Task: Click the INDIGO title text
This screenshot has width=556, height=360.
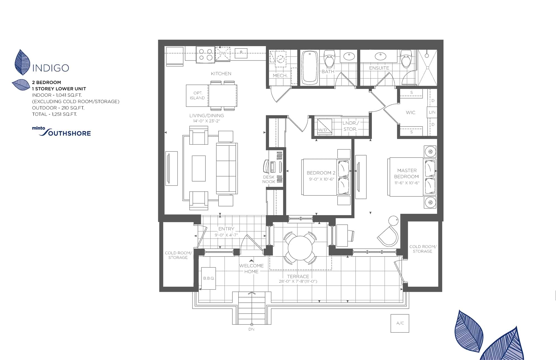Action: pyautogui.click(x=51, y=68)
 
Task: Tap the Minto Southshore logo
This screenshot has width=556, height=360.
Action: pyautogui.click(x=61, y=132)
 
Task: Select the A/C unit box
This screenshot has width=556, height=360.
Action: pyautogui.click(x=400, y=323)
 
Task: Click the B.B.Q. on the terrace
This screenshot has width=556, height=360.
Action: pyautogui.click(x=209, y=278)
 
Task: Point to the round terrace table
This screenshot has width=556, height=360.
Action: pyautogui.click(x=300, y=248)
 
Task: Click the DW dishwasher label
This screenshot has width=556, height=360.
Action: pyautogui.click(x=223, y=53)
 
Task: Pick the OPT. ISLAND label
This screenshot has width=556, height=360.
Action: pyautogui.click(x=197, y=95)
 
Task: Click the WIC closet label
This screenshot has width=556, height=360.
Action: pyautogui.click(x=411, y=112)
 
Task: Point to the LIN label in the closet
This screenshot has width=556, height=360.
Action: pyautogui.click(x=432, y=112)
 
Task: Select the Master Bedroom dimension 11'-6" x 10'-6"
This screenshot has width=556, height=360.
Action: pyautogui.click(x=407, y=183)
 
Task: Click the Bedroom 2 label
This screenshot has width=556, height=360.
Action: pyautogui.click(x=321, y=173)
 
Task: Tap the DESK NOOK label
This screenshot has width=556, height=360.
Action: pyautogui.click(x=269, y=179)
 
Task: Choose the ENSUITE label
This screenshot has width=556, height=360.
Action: pyautogui.click(x=379, y=68)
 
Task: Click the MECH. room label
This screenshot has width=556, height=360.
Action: pyautogui.click(x=280, y=75)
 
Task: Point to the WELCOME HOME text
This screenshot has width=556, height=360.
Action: pyautogui.click(x=251, y=268)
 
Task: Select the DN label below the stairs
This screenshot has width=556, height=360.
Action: pyautogui.click(x=251, y=329)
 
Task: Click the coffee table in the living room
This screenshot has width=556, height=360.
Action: pyautogui.click(x=198, y=168)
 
